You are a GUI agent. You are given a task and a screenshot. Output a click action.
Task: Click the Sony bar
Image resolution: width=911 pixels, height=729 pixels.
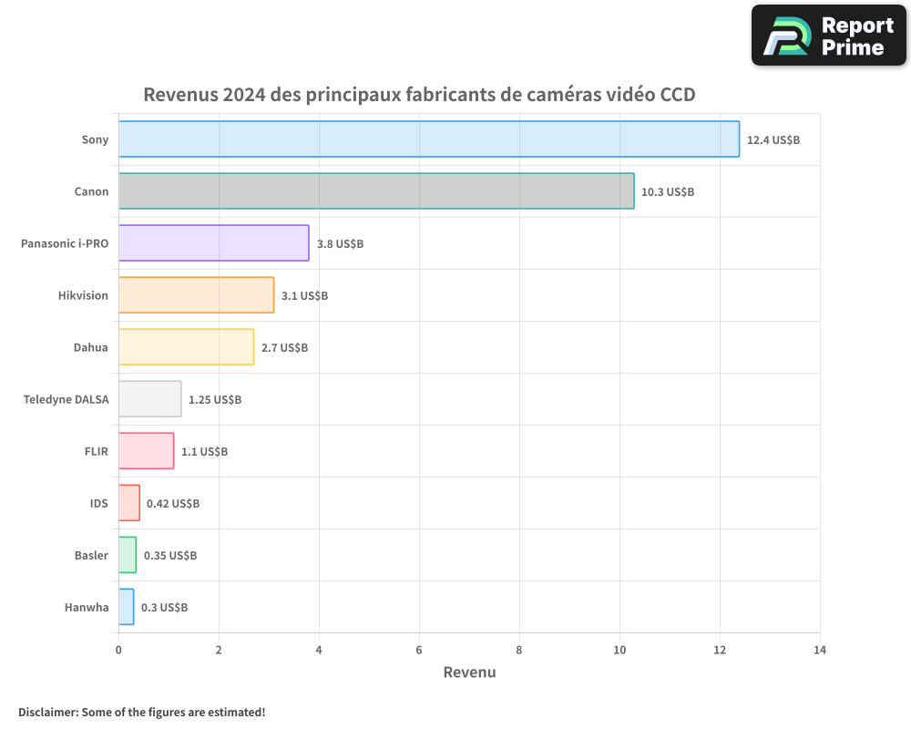[x=428, y=139]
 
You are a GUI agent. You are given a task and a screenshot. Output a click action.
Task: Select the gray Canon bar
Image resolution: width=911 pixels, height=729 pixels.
[x=376, y=190]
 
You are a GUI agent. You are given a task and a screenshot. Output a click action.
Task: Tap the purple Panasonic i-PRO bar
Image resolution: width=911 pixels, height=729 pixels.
[x=214, y=242]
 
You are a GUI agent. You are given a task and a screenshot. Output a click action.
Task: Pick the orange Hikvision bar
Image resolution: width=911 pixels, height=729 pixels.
[x=196, y=294]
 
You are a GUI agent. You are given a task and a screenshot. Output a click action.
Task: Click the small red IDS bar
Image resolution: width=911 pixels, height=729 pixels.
[x=129, y=502]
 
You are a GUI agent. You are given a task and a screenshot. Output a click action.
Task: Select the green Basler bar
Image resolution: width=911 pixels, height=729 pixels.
[x=128, y=554]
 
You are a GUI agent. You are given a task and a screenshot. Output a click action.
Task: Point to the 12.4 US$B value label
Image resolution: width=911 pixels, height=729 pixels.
[x=773, y=139]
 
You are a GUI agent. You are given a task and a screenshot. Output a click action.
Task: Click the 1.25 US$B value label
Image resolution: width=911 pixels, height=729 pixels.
[x=215, y=399]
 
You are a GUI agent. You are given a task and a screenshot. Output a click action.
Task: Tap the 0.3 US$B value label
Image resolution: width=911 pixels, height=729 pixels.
[x=164, y=607]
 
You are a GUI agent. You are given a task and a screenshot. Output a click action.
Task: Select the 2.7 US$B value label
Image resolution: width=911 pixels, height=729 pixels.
[x=284, y=347]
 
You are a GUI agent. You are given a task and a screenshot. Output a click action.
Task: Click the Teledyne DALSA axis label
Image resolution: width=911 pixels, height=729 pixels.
[x=66, y=399]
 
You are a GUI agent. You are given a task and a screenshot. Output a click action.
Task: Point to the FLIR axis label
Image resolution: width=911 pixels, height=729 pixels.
[x=96, y=451]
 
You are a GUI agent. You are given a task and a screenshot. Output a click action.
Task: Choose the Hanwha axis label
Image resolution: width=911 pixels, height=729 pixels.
[x=87, y=607]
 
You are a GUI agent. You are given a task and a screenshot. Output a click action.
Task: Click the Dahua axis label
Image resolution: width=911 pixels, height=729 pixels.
[x=91, y=347]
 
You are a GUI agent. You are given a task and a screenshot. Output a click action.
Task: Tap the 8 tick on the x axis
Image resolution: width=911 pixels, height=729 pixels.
[x=519, y=650]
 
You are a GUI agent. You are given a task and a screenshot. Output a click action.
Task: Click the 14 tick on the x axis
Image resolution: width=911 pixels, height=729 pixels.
[x=820, y=650]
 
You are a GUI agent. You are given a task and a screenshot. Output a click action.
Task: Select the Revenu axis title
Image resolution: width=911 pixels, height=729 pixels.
[x=469, y=673]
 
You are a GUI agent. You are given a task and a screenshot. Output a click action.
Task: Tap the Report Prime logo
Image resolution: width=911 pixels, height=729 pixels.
[x=829, y=36]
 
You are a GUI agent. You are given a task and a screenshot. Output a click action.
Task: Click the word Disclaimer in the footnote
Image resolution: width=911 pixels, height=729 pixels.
[x=47, y=712]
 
